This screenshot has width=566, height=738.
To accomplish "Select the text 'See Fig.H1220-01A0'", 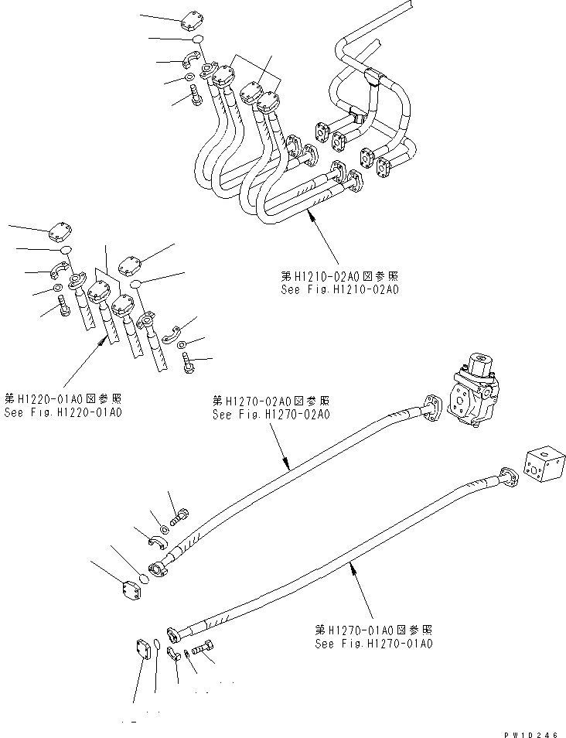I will [x=63, y=412].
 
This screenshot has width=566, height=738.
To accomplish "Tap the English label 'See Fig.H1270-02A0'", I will [x=271, y=414].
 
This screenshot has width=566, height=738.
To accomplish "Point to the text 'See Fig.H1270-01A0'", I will [x=373, y=643].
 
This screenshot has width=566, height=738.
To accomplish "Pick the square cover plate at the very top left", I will [x=193, y=19].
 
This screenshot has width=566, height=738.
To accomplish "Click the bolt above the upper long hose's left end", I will [x=179, y=514].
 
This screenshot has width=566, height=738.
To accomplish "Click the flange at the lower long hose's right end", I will [x=508, y=478].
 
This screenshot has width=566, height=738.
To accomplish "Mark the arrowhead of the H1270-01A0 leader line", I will [x=351, y=568].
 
